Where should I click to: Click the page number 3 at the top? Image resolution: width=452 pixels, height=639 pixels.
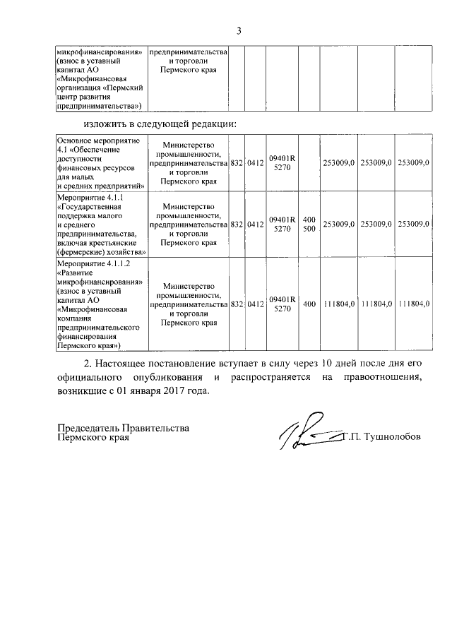pos(239,30)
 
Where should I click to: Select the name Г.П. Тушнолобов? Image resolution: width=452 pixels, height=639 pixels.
pos(381,436)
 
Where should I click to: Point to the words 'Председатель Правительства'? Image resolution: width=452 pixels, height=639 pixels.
pos(124,428)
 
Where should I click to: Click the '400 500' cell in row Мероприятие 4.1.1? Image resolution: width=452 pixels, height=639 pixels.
pos(309,224)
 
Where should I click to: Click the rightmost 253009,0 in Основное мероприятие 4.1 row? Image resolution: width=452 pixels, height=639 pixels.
pos(414,163)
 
